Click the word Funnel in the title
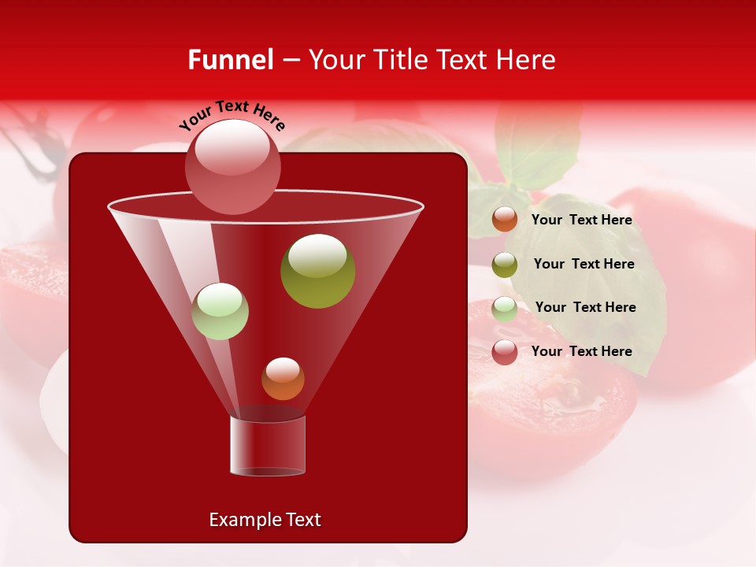tap(230, 60)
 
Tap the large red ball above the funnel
tap(232, 167)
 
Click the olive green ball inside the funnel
tap(317, 270)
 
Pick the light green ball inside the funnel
tap(220, 311)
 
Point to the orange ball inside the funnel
tap(283, 379)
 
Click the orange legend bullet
tap(505, 220)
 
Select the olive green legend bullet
tap(505, 265)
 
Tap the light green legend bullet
tap(505, 308)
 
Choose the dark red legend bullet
tap(505, 352)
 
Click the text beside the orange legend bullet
tap(581, 220)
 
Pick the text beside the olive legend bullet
tap(584, 265)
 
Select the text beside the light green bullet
tap(585, 308)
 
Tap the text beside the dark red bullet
tap(581, 352)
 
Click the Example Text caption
tap(265, 520)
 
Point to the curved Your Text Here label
tap(232, 114)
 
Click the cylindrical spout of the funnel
tap(268, 445)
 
